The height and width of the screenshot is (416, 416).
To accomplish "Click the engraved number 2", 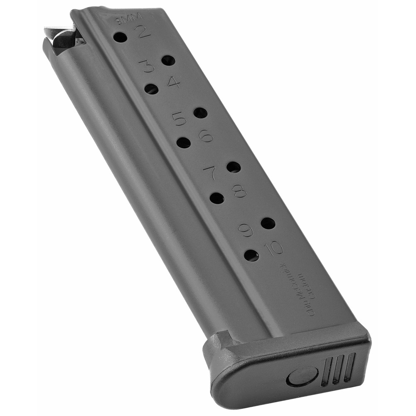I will click(x=143, y=32).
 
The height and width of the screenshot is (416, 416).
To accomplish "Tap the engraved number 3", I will click(x=146, y=66).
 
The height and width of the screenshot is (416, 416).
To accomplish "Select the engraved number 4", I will click(x=174, y=82).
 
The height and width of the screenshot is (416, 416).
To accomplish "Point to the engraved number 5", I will click(x=179, y=119).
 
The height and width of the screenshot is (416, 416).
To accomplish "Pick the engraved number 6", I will click(x=206, y=135).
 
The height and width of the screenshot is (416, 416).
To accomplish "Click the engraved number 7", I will click(x=210, y=172).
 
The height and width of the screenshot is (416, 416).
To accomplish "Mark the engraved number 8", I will click(x=239, y=191).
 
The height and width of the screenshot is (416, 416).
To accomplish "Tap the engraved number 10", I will click(x=273, y=249).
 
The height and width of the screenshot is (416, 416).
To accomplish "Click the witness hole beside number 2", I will click(x=120, y=37).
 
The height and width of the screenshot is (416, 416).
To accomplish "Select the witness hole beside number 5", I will click(x=200, y=113).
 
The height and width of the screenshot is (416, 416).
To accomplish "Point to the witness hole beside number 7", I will click(x=234, y=167).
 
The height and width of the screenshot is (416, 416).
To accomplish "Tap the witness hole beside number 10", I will click(x=251, y=255).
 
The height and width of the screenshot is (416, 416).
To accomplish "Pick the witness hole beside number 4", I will click(x=151, y=89).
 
